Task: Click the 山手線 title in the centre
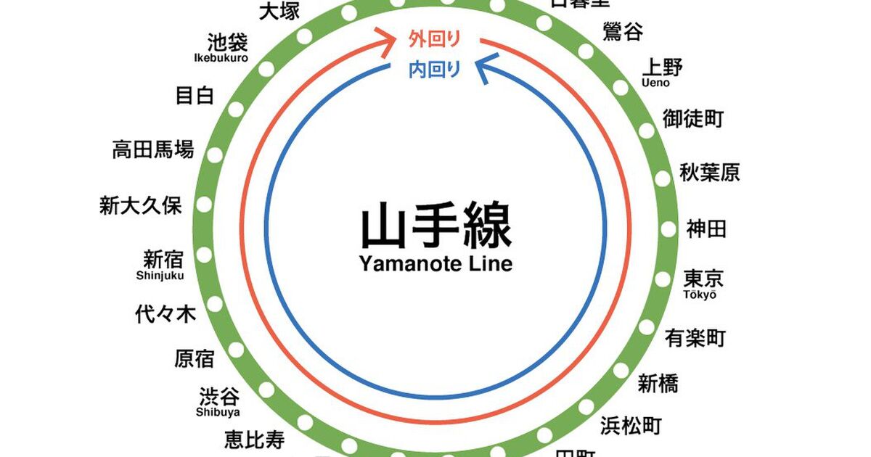point(435,226)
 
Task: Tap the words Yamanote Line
point(435,263)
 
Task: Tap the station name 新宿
point(163,258)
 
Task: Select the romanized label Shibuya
point(218,413)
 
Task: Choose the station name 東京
point(703,279)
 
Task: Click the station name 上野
point(662,67)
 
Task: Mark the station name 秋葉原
point(709,173)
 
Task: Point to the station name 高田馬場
point(153,149)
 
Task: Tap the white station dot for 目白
point(235,109)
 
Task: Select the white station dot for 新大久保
point(203,205)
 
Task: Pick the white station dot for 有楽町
point(646,327)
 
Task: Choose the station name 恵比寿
point(254,439)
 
